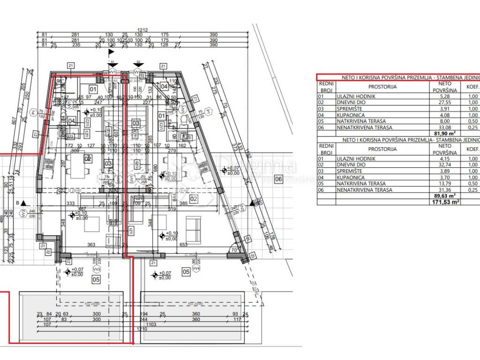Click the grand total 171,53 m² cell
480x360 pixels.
pyautogui.click(x=445, y=202)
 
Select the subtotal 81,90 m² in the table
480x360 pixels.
pyautogui.click(x=445, y=134)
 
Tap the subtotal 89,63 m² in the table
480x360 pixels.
pyautogui.click(x=445, y=196)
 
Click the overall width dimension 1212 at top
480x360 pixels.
pyautogui.click(x=142, y=30)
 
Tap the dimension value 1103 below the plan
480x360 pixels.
pyautogui.click(x=151, y=324)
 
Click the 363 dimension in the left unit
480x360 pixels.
pyautogui.click(x=91, y=245)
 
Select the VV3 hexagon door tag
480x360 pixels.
pyautogui.click(x=97, y=270)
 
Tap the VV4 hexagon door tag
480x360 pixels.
pyautogui.click(x=197, y=269)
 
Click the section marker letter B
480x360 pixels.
pyautogui.click(x=18, y=202)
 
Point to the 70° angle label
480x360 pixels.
pyautogui.click(x=233, y=250)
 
